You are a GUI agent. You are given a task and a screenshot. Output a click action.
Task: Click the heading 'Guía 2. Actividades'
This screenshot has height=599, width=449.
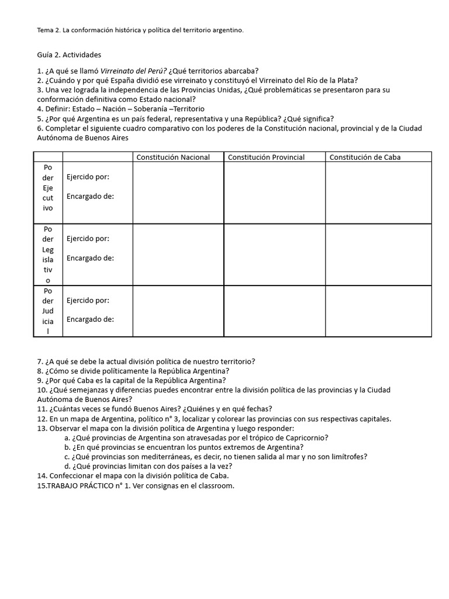(x=68, y=55)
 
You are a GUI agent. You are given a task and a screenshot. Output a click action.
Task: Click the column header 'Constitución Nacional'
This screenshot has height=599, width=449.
(x=172, y=157)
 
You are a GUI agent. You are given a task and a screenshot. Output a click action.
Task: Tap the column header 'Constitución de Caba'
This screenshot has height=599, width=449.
(x=365, y=157)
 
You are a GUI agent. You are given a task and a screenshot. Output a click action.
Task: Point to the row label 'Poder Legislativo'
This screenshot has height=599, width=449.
(x=48, y=254)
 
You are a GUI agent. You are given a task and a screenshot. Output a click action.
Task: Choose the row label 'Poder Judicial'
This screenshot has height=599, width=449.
(x=48, y=311)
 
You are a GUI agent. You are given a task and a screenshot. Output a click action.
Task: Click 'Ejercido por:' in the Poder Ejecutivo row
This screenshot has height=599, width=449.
(x=88, y=177)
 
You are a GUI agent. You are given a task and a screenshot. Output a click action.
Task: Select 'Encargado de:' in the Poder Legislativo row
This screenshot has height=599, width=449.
(x=90, y=258)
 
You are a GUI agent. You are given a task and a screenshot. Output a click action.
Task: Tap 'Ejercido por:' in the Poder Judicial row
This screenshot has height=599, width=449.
(x=88, y=301)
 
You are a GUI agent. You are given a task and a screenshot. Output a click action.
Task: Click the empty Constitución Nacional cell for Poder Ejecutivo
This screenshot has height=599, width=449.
(x=178, y=192)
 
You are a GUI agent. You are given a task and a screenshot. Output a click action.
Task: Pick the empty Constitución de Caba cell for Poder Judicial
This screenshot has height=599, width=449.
(x=378, y=311)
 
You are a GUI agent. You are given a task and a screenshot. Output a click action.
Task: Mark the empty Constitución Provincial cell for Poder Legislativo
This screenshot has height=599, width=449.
(x=274, y=254)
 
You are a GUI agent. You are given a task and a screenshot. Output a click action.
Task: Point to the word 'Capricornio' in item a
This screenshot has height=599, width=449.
(x=306, y=438)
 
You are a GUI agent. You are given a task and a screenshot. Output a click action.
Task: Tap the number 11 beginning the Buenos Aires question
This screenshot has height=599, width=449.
(x=41, y=409)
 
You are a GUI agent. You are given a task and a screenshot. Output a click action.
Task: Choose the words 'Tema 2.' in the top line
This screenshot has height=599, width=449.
(x=49, y=30)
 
